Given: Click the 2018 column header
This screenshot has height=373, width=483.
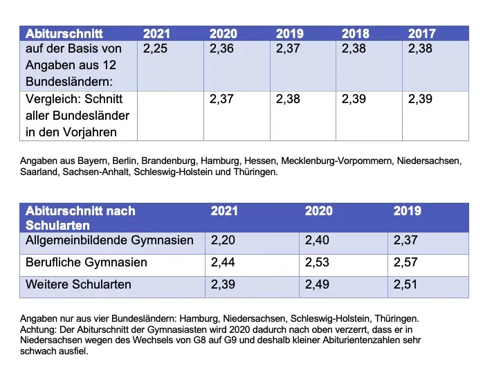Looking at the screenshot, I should click(x=356, y=33).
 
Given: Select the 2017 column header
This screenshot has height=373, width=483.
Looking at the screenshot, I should click(x=422, y=33).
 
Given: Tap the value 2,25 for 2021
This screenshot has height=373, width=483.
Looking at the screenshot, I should click(x=156, y=48).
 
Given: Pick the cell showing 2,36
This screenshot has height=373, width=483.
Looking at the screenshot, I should click(x=223, y=48).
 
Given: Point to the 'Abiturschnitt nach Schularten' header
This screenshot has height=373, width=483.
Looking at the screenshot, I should click(x=80, y=217).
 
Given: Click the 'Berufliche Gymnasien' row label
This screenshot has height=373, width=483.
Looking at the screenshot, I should click(x=86, y=263).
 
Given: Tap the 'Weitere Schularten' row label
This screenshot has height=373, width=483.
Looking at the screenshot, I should click(x=78, y=284).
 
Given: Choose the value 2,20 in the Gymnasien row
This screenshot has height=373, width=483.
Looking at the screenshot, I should click(x=224, y=241).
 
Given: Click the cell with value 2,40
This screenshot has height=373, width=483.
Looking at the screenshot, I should click(x=318, y=241).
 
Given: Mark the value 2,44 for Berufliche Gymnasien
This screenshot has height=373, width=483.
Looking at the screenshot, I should click(x=224, y=263).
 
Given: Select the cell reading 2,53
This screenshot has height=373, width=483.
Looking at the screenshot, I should click(x=318, y=263).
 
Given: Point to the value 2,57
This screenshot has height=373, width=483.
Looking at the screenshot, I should click(x=407, y=263).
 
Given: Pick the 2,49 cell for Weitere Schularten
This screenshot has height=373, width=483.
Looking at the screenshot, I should click(x=318, y=284).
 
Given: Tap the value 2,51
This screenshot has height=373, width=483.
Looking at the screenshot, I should click(x=407, y=284).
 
